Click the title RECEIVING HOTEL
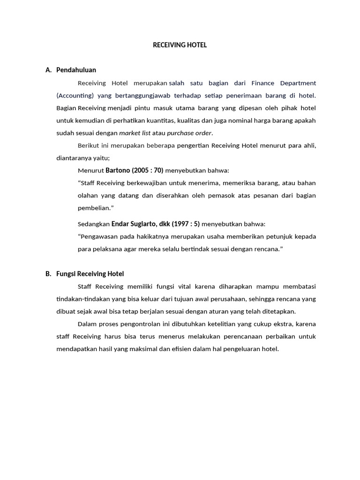(x=180, y=45)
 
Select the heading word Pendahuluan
(x=76, y=70)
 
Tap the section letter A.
(x=48, y=70)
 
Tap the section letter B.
(x=48, y=274)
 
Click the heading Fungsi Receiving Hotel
(x=90, y=274)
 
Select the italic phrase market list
(x=135, y=133)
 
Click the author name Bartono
(x=117, y=170)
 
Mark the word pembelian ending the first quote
(x=94, y=207)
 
